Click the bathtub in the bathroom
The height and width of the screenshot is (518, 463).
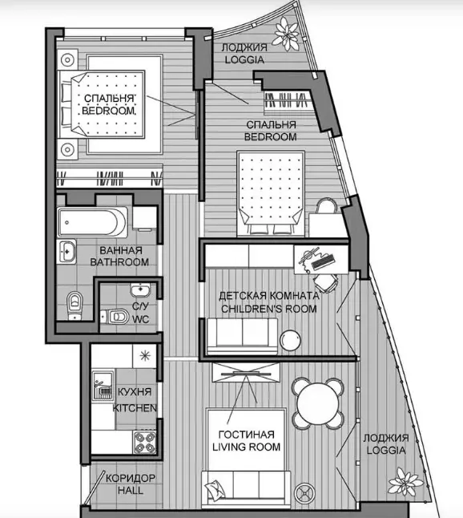pos(92,222)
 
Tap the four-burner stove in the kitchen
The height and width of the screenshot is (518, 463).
pos(145,443)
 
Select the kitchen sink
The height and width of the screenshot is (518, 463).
pos(103,386)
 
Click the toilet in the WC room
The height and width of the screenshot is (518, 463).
pos(115,318)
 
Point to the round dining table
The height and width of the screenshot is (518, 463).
pos(318,403)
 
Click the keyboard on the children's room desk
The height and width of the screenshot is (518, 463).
pos(323,261)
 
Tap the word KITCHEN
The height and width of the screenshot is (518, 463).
pos(135,408)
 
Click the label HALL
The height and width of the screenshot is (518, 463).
pos(131,490)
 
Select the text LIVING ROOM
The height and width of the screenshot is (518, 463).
pos(246,447)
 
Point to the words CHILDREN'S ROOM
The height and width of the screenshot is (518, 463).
pos(269,309)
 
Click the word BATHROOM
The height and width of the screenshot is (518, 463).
pos(119,262)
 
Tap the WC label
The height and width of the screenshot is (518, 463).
pos(141,319)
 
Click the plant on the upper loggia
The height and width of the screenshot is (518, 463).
pos(287,34)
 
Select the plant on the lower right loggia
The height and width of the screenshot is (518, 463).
pos(405,482)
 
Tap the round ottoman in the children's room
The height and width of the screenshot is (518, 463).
pos(291,340)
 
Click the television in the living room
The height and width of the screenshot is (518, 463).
pos(246,374)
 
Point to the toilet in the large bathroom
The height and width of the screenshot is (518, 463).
pos(75,306)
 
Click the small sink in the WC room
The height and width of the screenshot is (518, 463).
pos(141,290)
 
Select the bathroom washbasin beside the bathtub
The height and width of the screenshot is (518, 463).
pos(66,252)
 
